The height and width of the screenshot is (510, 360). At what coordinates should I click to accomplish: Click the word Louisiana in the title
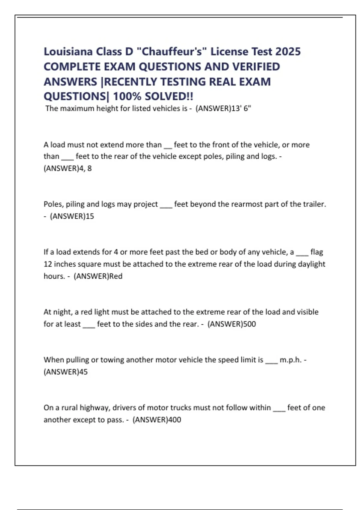pos(68,52)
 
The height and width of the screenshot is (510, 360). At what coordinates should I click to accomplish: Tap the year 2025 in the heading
pos(288,52)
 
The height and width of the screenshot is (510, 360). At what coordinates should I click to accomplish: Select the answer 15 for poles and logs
pos(90,216)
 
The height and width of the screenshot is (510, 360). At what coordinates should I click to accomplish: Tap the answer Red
pos(116,276)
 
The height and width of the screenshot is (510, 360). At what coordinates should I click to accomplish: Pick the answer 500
pos(250,324)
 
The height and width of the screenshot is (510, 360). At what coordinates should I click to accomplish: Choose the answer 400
pos(175,420)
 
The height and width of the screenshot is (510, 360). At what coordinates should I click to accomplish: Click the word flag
pos(316,252)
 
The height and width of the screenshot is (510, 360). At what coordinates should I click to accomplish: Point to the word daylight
pos(311,264)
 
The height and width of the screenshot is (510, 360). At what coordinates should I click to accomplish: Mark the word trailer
pos(314,204)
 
